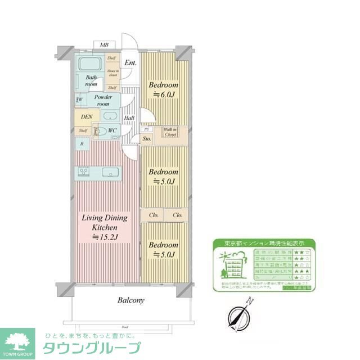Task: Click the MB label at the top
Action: tap(104, 44)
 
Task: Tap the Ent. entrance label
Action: tap(130, 63)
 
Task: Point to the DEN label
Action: tap(86, 117)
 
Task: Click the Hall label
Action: tap(129, 118)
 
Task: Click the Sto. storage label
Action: tap(147, 138)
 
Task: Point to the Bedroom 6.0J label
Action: tap(163, 90)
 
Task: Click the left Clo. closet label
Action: tap(154, 214)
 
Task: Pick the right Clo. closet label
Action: tap(177, 214)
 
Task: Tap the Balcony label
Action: tap(131, 300)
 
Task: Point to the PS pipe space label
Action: tap(146, 129)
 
